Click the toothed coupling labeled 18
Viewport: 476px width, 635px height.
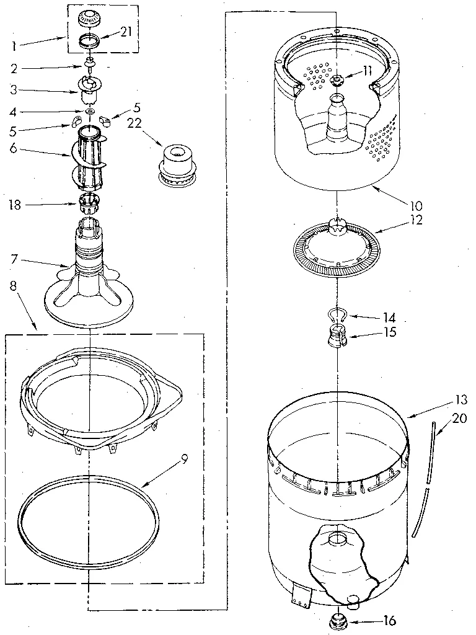pos(90,202)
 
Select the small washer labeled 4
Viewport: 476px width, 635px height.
pos(90,112)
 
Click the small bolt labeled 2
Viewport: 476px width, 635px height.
pos(90,64)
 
